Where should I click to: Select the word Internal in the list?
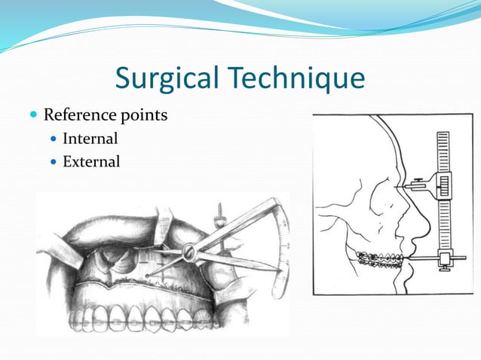point(90,139)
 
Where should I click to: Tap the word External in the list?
point(91,161)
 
